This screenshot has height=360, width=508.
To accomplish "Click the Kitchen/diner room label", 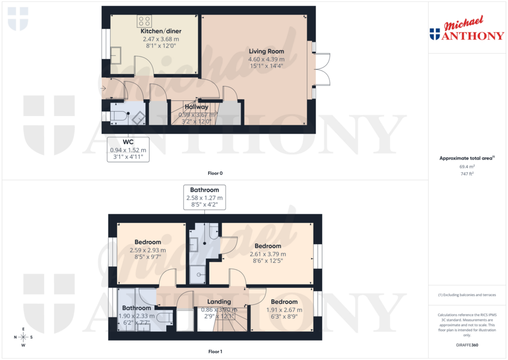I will click(158, 31).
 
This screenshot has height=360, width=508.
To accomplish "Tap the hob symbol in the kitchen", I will click(144, 21).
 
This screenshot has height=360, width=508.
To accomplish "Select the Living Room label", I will click(266, 51).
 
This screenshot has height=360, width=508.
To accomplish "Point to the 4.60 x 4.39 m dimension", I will click(266, 59).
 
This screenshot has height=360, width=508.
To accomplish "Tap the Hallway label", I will click(196, 107).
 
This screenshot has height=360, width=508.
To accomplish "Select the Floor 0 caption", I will click(215, 173).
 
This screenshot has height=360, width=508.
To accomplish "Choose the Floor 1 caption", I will click(215, 352).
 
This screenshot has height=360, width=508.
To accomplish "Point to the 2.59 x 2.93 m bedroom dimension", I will click(148, 250).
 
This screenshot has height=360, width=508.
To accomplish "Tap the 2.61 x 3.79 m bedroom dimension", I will click(268, 254).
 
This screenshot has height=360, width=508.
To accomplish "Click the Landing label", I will click(219, 301).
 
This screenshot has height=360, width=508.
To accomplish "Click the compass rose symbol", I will click(23, 337).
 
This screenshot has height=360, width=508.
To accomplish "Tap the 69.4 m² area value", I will click(468, 168).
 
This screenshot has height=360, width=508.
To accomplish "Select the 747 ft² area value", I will click(468, 175).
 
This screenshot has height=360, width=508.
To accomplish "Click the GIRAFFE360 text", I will click(468, 345).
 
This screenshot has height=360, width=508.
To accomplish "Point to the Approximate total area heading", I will click(467, 158).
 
